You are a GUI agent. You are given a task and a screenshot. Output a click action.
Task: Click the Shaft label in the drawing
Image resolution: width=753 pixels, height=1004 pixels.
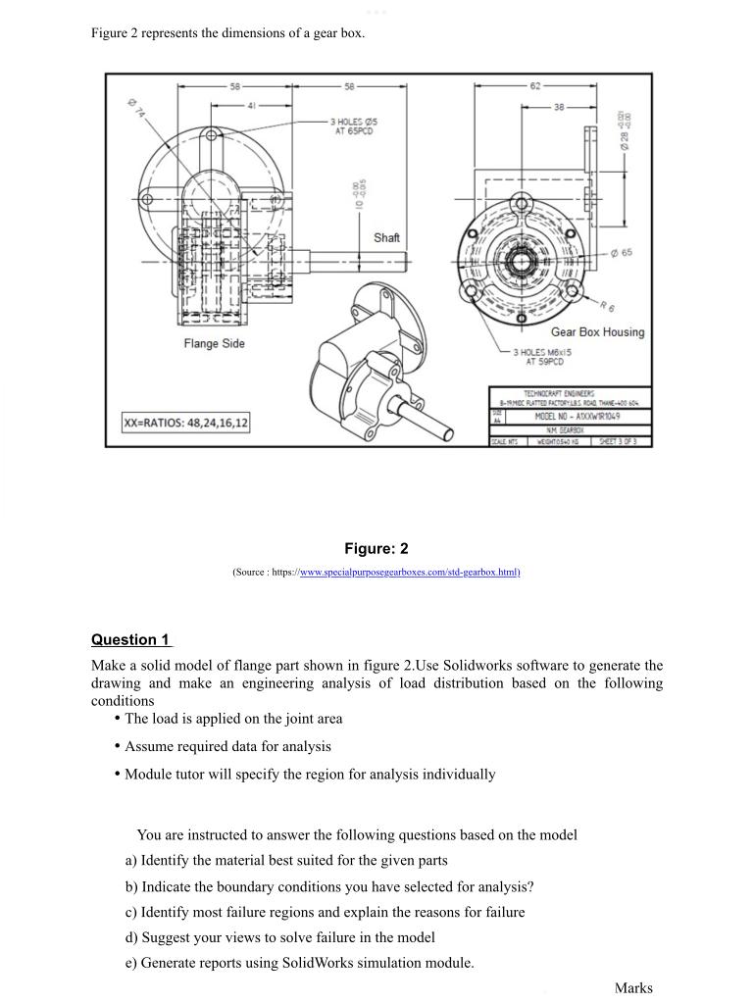coord(386,238)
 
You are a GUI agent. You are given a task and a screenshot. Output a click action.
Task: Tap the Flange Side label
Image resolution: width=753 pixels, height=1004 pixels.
coord(214,343)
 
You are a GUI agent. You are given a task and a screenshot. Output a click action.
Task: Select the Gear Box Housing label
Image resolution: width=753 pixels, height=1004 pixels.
coord(597,332)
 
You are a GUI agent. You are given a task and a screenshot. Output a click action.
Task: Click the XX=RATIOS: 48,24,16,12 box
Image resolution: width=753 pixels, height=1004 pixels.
coord(185,423)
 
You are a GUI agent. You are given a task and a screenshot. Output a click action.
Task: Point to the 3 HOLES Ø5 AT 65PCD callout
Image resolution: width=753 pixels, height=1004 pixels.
coord(354,127)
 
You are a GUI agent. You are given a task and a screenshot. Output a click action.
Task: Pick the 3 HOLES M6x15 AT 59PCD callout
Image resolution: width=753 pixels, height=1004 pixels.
coord(544,356)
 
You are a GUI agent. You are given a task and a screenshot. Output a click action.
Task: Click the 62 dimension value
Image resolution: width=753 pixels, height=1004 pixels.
coord(534,86)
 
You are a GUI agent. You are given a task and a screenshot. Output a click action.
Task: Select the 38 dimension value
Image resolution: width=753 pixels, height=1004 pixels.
coord(558,107)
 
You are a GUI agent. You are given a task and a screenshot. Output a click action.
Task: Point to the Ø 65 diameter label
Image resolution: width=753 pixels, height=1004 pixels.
coord(621,253)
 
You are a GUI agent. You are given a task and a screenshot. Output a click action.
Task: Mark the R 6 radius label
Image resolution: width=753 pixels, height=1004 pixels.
coord(607,305)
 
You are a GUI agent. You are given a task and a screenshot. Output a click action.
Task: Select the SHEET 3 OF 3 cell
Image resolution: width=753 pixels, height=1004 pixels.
coord(624,441)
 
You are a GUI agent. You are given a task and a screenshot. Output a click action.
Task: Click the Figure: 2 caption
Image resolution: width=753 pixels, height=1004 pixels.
coord(376,548)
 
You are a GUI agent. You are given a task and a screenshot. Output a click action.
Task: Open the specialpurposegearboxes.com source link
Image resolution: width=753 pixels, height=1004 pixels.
coord(409,572)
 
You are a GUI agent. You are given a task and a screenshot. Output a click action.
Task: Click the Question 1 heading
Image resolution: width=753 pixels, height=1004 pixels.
coord(130,640)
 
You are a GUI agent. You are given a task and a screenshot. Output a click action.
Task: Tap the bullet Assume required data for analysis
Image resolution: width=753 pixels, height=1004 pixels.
coord(227,746)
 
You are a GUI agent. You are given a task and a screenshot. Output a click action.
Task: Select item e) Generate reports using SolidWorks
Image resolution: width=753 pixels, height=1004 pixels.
coord(299,963)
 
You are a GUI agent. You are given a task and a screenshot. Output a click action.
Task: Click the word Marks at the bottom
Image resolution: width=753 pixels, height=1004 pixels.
coord(633,988)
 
